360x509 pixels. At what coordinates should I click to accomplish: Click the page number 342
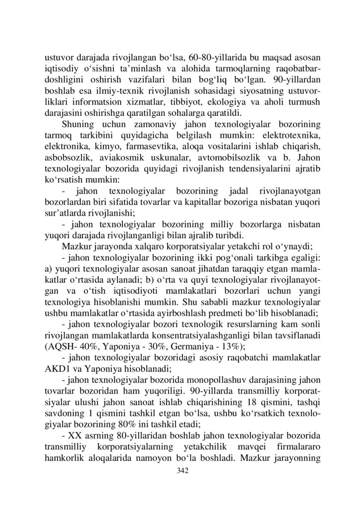(x=180, y=469)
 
